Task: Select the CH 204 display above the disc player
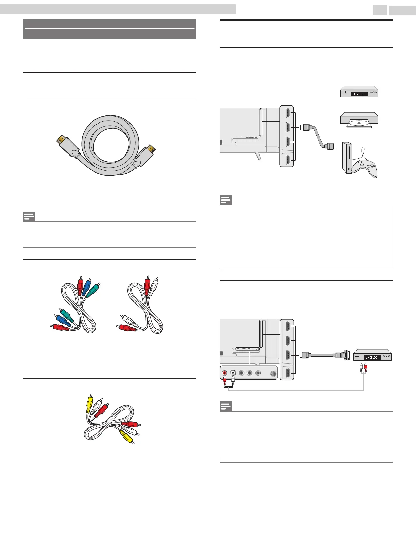[359, 94]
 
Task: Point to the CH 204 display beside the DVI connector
[372, 357]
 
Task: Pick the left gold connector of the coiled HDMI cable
[62, 139]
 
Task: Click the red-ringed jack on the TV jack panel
[225, 373]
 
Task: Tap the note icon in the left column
[29, 216]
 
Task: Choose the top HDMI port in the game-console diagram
[287, 113]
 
